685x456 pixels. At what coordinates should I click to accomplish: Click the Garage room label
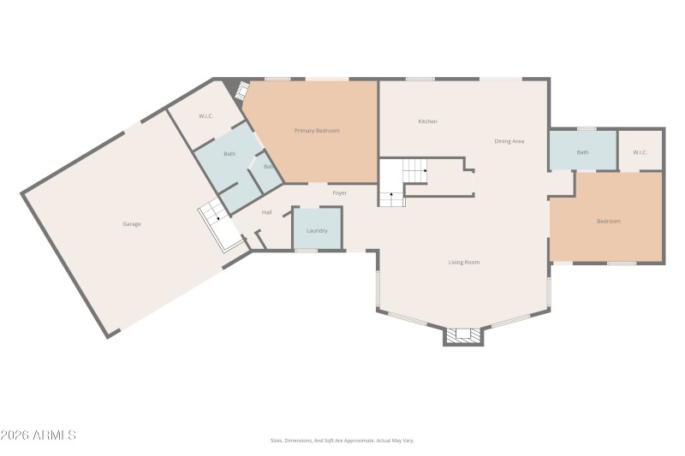click(x=131, y=224)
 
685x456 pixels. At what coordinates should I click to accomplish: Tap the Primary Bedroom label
click(x=317, y=131)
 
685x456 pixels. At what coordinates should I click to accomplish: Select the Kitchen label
click(x=427, y=121)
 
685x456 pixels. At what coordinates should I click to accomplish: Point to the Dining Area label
click(x=509, y=141)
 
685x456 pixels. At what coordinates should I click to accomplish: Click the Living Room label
click(x=463, y=263)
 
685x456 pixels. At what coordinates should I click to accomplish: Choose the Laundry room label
click(x=317, y=231)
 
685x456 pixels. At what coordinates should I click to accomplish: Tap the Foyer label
click(x=340, y=193)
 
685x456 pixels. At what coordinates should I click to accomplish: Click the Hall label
click(x=266, y=212)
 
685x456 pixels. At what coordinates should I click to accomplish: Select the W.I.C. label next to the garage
click(x=205, y=116)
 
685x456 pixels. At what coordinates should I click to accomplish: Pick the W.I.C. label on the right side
click(x=640, y=153)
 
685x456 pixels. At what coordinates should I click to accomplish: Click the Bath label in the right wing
click(x=582, y=153)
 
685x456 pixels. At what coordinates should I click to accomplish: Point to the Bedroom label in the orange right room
click(x=608, y=222)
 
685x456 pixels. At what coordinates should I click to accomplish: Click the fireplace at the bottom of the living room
click(x=464, y=335)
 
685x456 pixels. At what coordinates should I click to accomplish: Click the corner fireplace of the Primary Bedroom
click(x=241, y=89)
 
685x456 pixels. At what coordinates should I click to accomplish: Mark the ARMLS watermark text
click(x=39, y=435)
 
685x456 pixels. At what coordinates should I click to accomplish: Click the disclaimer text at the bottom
click(x=342, y=441)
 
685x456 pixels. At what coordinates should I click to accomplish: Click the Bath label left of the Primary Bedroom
click(x=229, y=154)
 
